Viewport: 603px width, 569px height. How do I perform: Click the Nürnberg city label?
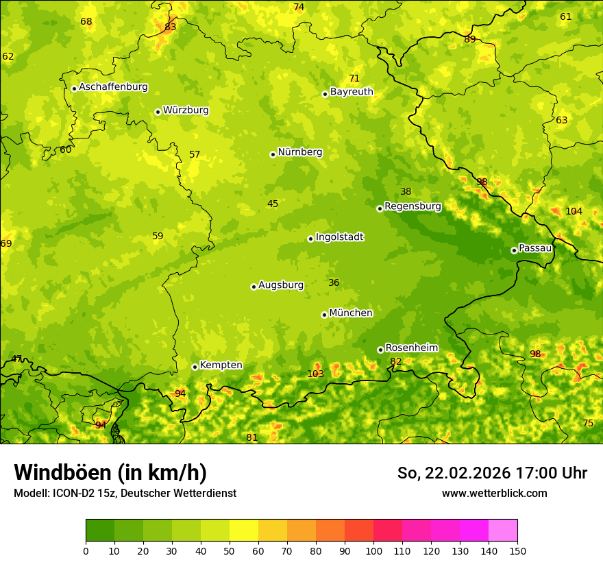pos(299,152)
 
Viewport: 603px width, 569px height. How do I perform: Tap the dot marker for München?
pos(324,315)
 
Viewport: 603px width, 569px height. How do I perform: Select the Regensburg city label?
pos(413,206)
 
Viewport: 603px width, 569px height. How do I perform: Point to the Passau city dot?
pos(514,250)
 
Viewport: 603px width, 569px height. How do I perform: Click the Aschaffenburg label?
pos(113,87)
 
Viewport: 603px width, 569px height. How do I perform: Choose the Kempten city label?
pos(221,365)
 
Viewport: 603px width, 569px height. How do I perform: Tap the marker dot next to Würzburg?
pos(158,112)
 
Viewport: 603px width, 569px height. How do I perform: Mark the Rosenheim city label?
pos(411,348)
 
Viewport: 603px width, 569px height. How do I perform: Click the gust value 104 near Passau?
pos(574,211)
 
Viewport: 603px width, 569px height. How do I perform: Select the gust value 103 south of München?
pos(315,374)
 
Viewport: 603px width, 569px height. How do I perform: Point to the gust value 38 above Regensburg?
pos(406,192)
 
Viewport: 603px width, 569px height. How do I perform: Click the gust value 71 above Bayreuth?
pos(354,78)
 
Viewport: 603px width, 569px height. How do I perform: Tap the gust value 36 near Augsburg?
pos(334,282)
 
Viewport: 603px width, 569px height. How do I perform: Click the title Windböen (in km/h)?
pos(110,472)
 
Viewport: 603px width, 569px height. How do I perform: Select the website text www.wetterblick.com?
pos(494,493)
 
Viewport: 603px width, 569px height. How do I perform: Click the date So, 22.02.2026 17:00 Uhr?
pos(492,473)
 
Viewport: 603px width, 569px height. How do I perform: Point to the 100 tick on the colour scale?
pos(373,550)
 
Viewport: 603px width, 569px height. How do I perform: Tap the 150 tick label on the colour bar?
pos(517,550)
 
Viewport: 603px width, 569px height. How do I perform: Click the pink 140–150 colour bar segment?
pos(503,530)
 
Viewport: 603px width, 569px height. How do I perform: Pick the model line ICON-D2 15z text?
pos(125,493)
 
